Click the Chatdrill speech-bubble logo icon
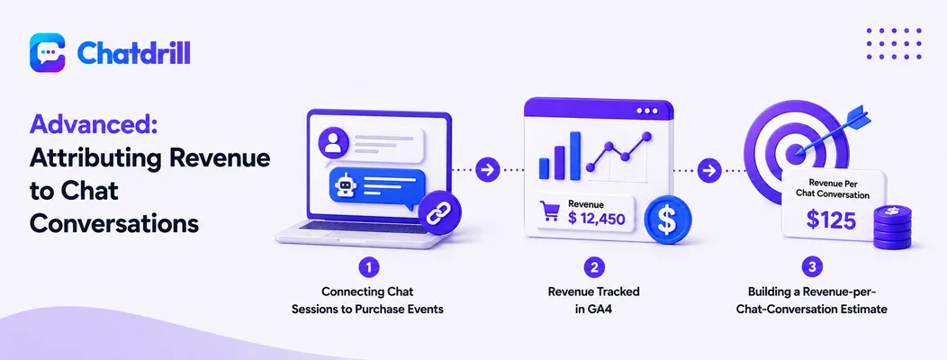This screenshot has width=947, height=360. pyautogui.click(x=47, y=53)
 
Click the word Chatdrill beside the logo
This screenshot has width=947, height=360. pyautogui.click(x=134, y=54)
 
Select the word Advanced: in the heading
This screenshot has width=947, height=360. pyautogui.click(x=94, y=126)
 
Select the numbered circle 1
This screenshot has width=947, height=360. pyautogui.click(x=368, y=267)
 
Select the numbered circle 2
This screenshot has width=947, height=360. pyautogui.click(x=594, y=267)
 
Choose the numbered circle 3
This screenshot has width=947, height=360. pyautogui.click(x=811, y=267)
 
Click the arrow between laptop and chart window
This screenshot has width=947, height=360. pyautogui.click(x=485, y=170)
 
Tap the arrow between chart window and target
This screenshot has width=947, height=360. pyautogui.click(x=708, y=170)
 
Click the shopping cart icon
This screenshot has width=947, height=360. pyautogui.click(x=550, y=211)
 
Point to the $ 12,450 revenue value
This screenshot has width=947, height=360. pyautogui.click(x=596, y=218)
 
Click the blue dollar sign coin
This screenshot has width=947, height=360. pyautogui.click(x=667, y=220)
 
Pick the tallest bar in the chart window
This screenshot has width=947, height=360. pyautogui.click(x=575, y=155)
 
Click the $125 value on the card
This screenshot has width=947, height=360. pyautogui.click(x=831, y=220)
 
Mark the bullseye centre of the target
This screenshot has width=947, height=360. pyautogui.click(x=796, y=154)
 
